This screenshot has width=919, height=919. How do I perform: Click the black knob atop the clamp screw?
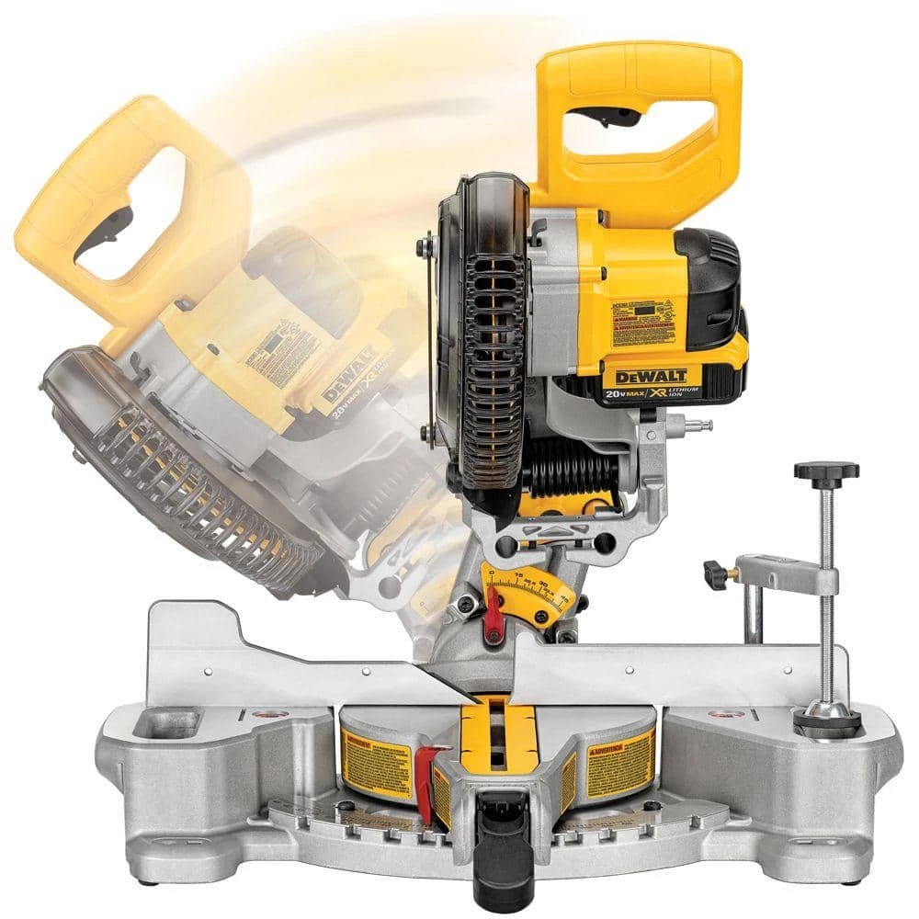click(826, 472)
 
